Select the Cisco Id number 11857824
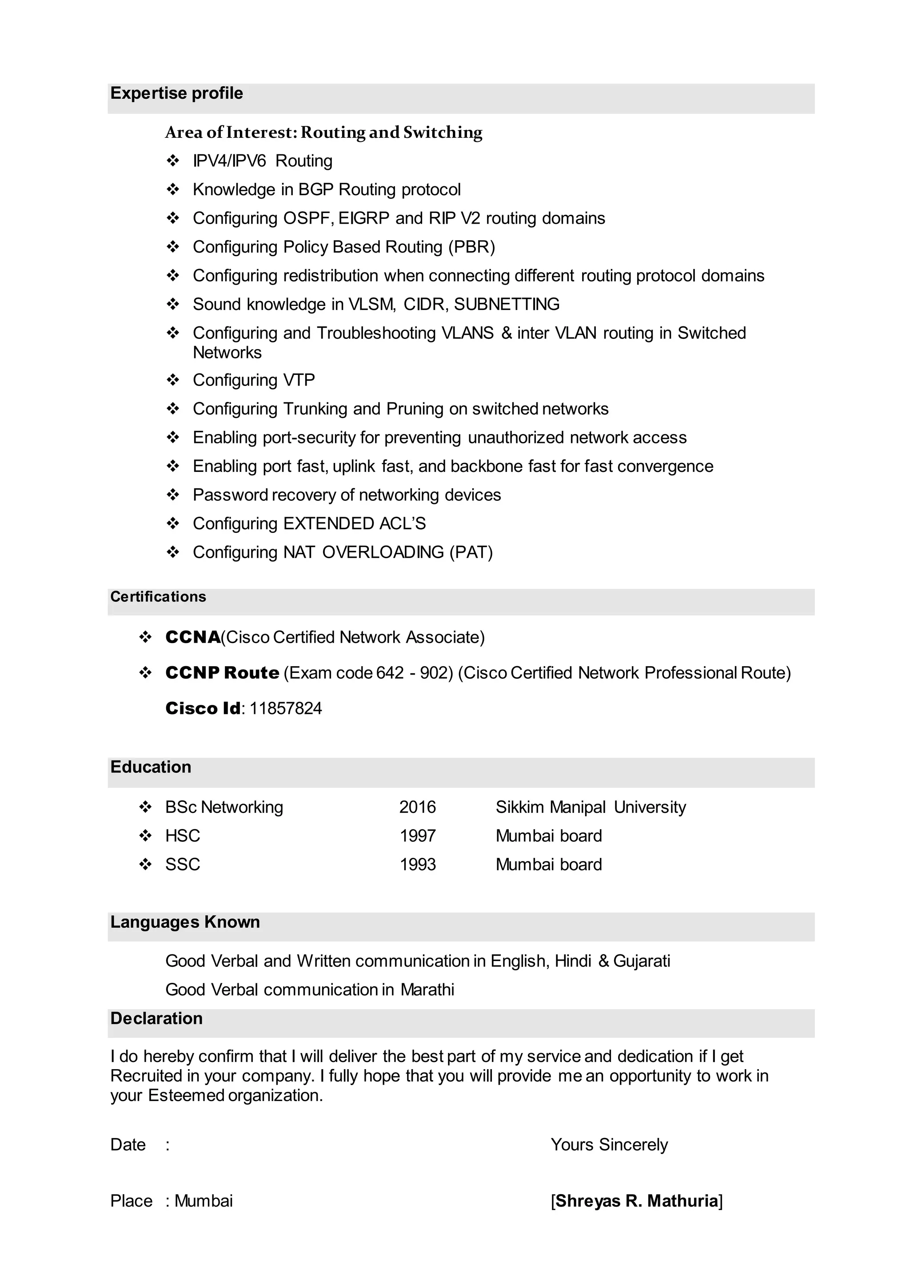point(285,708)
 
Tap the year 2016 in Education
point(418,807)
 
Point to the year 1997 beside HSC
point(418,836)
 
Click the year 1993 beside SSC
point(418,864)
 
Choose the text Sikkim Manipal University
point(591,807)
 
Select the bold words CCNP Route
point(223,672)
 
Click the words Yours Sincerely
point(609,1145)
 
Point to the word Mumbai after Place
point(204,1201)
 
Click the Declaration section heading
point(156,1018)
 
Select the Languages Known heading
point(185,922)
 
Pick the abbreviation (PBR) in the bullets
point(471,247)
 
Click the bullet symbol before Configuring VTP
point(172,380)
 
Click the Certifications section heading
point(158,597)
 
